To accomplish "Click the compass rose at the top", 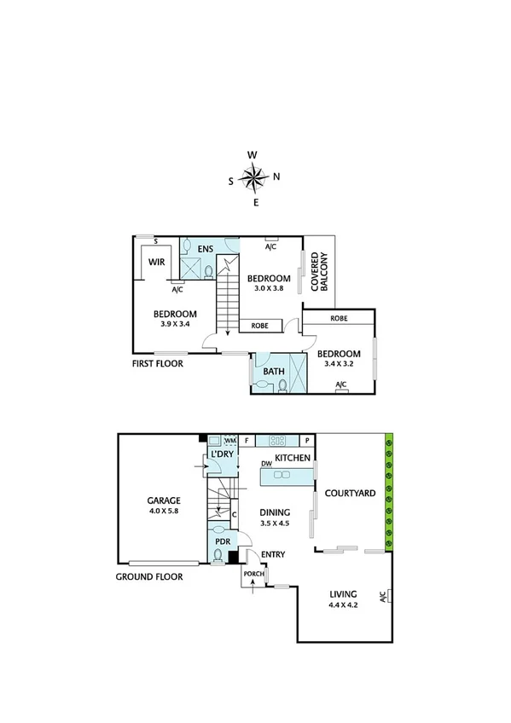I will tap(253, 178).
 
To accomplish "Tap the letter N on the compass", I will tap(276, 177).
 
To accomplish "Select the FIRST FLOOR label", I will tap(157, 363).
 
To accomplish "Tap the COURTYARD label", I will tap(346, 493).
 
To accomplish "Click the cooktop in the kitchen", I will tap(278, 441).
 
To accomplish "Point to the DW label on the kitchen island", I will tap(267, 464).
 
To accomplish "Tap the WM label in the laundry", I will tap(229, 441).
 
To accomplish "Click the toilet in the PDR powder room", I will tap(218, 556).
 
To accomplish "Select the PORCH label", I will tap(253, 574).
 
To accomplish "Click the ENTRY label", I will tap(273, 555).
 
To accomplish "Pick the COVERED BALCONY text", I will tap(319, 272).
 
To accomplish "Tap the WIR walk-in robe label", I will tap(156, 263).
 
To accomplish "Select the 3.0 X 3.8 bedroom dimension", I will tap(269, 288).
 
